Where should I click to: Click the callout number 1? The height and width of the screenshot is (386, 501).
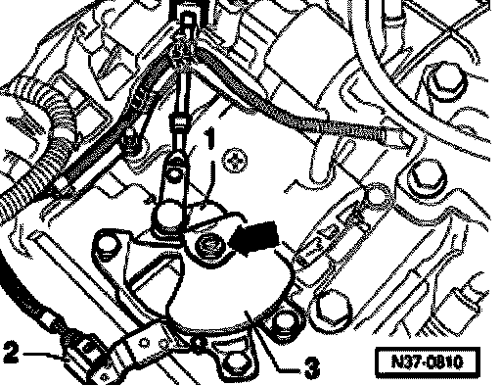(x=210, y=137)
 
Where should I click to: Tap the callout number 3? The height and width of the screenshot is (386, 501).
(x=312, y=367)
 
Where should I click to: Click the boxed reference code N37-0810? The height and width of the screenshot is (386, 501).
(x=428, y=362)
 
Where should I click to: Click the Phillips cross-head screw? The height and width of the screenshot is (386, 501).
(x=234, y=161)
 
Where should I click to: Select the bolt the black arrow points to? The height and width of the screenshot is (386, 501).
(x=207, y=244)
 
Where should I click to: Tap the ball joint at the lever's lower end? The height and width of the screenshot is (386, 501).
(x=168, y=216)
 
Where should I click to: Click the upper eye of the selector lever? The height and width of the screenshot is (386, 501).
(x=174, y=170)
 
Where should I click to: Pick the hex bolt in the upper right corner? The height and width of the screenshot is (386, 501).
(x=445, y=80)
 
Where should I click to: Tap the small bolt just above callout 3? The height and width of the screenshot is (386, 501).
(x=283, y=322)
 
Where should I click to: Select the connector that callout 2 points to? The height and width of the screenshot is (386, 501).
(x=81, y=355)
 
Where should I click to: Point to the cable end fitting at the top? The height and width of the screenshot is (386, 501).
(x=187, y=24)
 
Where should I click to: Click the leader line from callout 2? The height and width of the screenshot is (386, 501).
(x=43, y=355)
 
